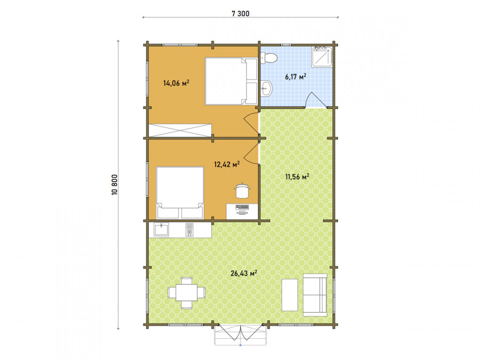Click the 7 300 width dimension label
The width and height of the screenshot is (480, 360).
coord(240,14)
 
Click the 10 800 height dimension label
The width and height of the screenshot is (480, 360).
coord(114,185)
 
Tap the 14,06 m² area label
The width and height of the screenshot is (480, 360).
coord(176,83)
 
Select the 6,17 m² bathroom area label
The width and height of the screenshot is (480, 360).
coord(296,77)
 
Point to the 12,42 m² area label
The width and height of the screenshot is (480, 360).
coord(227,164)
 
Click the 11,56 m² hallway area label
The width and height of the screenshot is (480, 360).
coord(297,176)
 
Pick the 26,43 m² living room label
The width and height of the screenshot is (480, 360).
coord(244,273)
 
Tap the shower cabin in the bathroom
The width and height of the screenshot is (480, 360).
coord(322,56)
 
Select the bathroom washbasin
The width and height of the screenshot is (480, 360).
coord(266,89)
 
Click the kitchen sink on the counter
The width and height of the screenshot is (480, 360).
coord(161,230)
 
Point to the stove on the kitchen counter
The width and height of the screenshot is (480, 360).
coord(190,230)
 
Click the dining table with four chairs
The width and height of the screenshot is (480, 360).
coord(186,293)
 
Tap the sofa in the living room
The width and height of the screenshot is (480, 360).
coord(315,295)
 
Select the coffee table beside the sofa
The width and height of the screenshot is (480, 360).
coord(289,295)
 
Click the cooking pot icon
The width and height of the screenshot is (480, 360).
coord(242,191)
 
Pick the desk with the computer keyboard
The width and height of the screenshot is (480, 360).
coord(242,212)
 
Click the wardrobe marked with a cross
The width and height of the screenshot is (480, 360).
coord(180,130)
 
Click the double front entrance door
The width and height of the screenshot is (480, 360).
coord(240,332)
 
